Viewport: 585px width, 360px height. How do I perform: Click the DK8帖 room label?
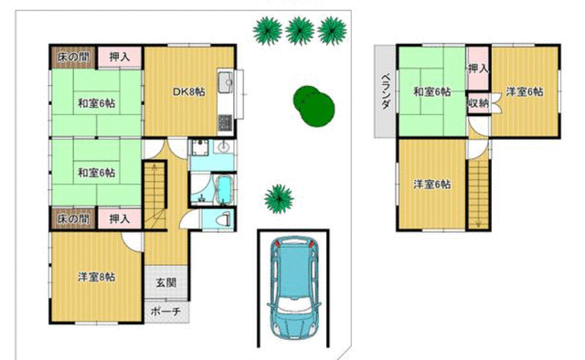coord(189,91)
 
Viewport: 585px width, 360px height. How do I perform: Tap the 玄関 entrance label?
coord(166,282)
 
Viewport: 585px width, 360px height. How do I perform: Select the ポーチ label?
coord(166,312)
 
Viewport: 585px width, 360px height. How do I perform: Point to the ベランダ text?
coord(386,91)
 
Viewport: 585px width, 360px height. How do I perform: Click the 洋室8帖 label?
coord(97,277)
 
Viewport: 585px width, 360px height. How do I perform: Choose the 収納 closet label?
coord(478,103)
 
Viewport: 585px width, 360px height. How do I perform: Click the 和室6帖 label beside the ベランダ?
coord(432,91)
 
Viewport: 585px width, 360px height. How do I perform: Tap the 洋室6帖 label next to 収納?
coord(524,91)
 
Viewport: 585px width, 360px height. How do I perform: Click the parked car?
coord(294,287)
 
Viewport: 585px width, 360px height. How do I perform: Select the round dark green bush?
coord(314,106)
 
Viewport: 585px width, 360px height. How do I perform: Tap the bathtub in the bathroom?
coord(224,190)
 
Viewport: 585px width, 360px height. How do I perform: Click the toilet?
coord(224,219)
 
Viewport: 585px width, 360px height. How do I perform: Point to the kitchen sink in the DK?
coord(226,82)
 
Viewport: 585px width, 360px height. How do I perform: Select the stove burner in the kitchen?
coord(225,122)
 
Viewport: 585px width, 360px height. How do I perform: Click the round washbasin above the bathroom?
coord(224,147)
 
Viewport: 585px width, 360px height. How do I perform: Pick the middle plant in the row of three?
coord(300,31)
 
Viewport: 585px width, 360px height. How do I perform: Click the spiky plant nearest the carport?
coord(279,199)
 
